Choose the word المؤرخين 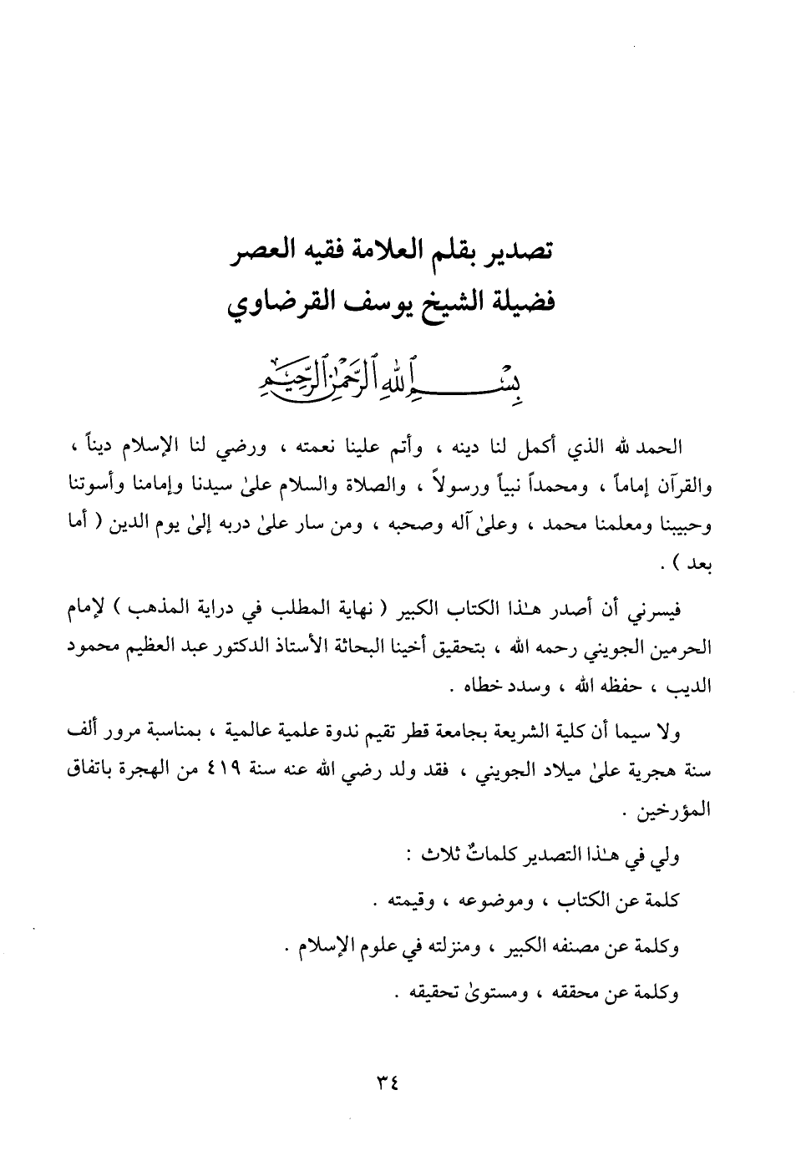click(x=666, y=810)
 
